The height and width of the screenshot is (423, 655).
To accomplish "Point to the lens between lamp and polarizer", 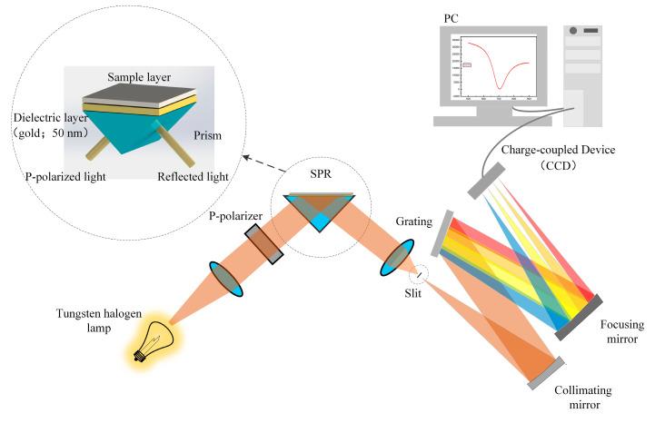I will coord(227,279).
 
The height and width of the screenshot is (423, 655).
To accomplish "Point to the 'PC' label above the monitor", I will coord(452,16).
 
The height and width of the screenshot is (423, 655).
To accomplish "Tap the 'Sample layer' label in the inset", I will coord(139,77).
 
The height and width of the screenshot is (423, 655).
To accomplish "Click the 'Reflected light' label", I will coord(193,177).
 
